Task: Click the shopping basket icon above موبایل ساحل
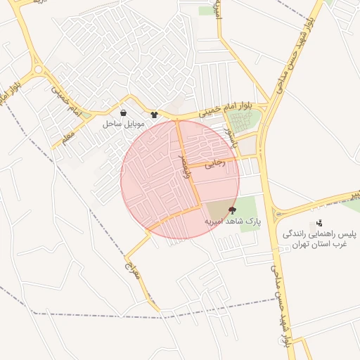click(124, 112)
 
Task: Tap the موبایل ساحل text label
click(123, 124)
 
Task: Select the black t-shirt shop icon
click(155, 114)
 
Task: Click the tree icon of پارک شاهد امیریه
click(233, 210)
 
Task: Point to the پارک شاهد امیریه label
click(232, 221)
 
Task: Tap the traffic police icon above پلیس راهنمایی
click(320, 223)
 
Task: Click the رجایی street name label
click(214, 163)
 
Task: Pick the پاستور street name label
click(230, 133)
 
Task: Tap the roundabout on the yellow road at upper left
click(37, 70)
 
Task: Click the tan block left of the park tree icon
click(218, 211)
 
